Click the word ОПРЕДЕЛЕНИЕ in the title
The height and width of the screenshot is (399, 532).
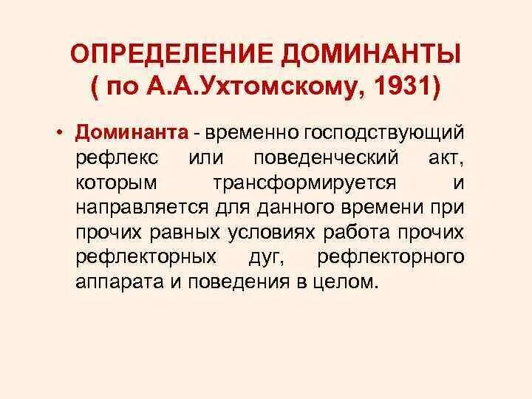pyautogui.click(x=171, y=55)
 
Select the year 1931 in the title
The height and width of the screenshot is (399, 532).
pyautogui.click(x=403, y=88)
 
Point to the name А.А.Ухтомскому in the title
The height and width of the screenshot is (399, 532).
pyautogui.click(x=255, y=88)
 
